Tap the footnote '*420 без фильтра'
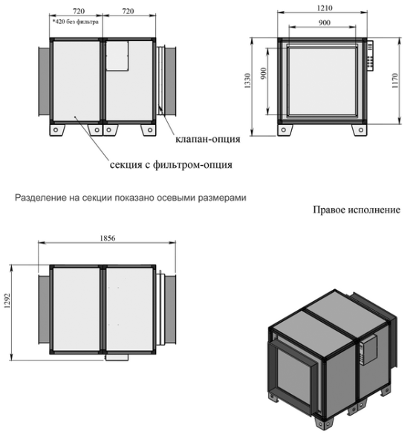75,22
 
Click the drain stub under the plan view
117,358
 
